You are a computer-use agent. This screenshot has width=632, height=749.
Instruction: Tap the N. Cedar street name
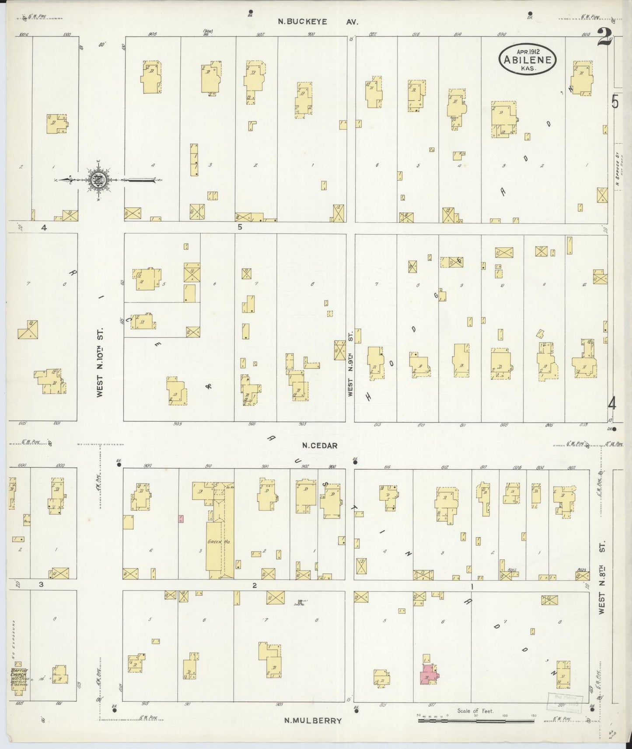point(320,446)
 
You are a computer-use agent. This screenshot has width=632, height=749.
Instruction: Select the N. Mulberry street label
point(312,721)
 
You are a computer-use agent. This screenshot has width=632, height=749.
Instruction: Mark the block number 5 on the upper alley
point(240,227)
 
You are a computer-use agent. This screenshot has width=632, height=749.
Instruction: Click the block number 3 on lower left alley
point(41,585)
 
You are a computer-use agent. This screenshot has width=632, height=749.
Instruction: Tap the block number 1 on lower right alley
point(472,585)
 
